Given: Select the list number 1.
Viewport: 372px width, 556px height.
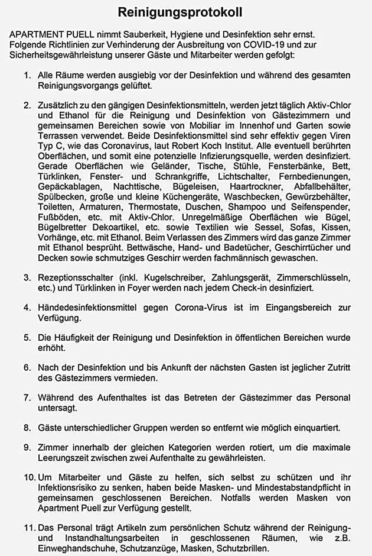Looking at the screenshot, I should point(27,76).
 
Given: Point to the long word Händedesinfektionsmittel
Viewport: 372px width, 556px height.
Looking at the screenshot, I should point(89,308).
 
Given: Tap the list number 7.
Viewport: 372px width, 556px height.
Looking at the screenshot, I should point(27,397).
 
